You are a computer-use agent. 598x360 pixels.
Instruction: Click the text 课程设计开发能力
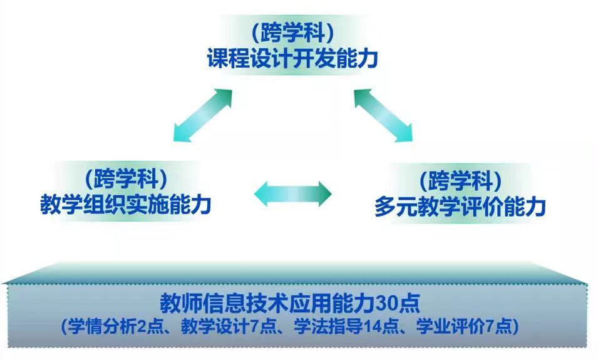(x=292, y=59)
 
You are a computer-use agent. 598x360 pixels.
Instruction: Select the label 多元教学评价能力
(x=460, y=207)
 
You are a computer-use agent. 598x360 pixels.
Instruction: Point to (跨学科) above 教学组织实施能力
(x=126, y=178)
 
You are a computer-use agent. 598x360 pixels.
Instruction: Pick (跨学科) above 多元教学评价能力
(x=460, y=180)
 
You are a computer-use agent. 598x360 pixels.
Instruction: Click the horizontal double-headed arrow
(x=293, y=193)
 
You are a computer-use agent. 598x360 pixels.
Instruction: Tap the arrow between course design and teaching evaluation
(x=384, y=115)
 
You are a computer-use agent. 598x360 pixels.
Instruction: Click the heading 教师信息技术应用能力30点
(x=290, y=303)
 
